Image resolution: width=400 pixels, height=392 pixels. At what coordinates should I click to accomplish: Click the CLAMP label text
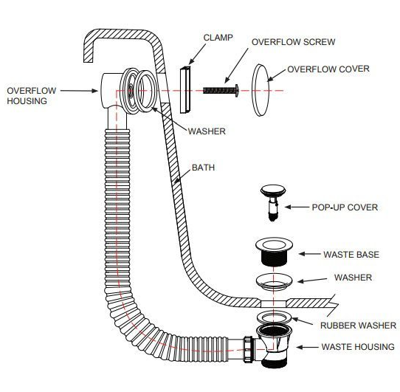tap(218, 38)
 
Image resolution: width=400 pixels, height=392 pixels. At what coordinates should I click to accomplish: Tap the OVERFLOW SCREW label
tap(294, 42)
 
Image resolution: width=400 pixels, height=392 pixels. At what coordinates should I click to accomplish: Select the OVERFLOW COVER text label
tap(328, 69)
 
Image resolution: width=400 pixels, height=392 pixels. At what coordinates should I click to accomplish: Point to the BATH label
tap(203, 168)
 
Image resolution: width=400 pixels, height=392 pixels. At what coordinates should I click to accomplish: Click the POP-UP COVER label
tap(345, 207)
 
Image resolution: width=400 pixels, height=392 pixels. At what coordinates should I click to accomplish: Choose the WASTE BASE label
tap(351, 255)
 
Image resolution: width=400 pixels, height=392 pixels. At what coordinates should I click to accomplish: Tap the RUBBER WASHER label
tap(359, 326)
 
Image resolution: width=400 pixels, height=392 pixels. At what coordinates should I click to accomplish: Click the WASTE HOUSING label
tap(358, 346)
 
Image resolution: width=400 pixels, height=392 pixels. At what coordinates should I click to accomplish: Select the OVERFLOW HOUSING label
tap(32, 96)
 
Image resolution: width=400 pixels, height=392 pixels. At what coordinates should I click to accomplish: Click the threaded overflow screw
tap(221, 90)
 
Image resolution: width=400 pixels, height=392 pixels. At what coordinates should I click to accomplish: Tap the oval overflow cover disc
tap(261, 90)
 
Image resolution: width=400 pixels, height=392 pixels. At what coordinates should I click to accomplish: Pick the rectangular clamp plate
tap(185, 89)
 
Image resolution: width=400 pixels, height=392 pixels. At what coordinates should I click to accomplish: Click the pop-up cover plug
tap(273, 202)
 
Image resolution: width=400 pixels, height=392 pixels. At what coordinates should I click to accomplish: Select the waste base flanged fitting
tap(274, 252)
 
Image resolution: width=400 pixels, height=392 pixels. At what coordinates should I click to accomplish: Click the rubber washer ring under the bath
tap(274, 317)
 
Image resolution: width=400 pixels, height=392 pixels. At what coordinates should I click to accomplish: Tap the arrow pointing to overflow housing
tap(79, 91)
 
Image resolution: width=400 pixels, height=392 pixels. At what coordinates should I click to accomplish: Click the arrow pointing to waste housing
tap(308, 347)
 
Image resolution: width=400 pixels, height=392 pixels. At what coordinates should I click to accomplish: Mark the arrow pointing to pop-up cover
tap(297, 207)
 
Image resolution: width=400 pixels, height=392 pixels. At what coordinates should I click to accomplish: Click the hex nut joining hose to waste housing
tap(248, 349)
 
